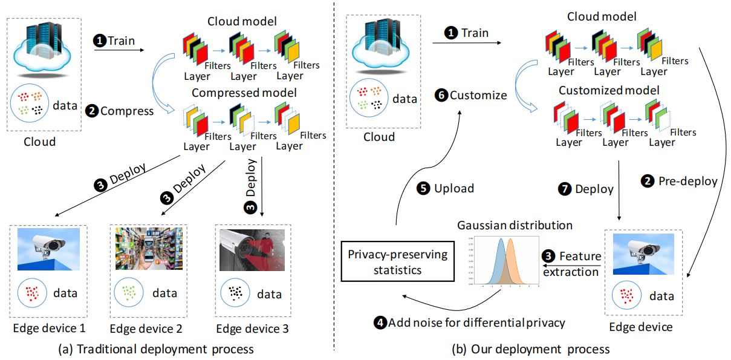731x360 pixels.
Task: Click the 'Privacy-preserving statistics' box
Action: pyautogui.click(x=398, y=261)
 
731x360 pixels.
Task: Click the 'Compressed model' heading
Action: pyautogui.click(x=244, y=93)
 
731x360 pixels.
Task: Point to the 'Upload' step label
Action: pyautogui.click(x=447, y=188)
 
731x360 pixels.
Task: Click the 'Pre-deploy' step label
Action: pyautogui.click(x=680, y=181)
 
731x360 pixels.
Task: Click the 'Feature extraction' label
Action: pyautogui.click(x=571, y=264)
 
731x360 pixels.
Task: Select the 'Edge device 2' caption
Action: pyautogui.click(x=146, y=329)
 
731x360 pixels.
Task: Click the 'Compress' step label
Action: pyautogui.click(x=121, y=111)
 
